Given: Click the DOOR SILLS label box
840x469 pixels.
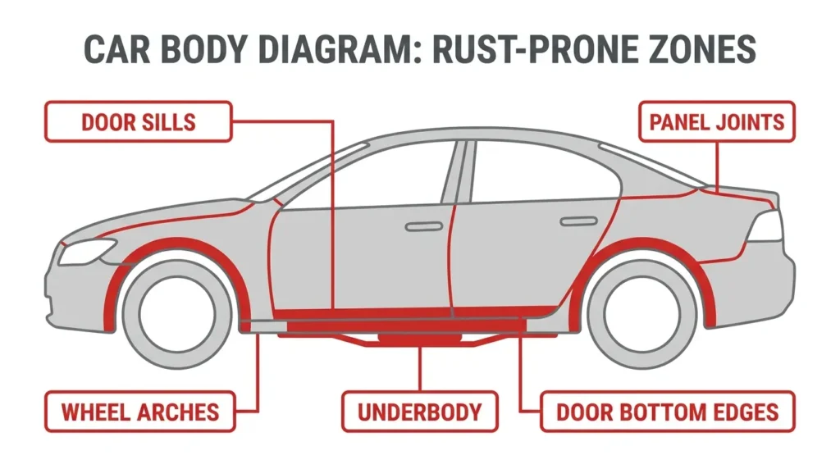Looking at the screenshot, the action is pos(138,121).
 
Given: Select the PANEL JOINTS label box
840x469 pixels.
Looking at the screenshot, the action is pos(717,121).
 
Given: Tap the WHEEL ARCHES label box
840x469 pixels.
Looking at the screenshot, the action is pos(139,412).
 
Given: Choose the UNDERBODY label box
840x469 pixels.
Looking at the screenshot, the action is pos(420,412).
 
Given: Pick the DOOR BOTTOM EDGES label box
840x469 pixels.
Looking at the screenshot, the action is pos(668,412).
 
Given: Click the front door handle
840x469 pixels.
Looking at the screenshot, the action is pos(424,227).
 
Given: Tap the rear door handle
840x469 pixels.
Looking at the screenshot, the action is pos(578,221).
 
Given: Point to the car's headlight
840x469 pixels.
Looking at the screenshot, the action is pos(87,251).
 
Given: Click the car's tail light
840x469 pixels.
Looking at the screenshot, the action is pos(765,226).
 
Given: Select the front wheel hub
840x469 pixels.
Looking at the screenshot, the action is pos(177,314).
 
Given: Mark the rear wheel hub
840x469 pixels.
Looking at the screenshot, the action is pos(642,314).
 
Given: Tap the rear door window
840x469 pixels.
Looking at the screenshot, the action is pos(541,171).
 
